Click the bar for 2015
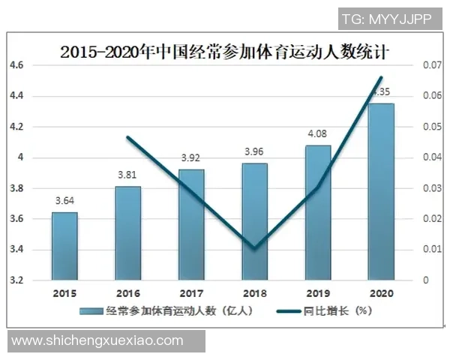pyautogui.click(x=64, y=246)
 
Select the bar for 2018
pyautogui.click(x=255, y=221)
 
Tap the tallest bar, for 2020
pyautogui.click(x=381, y=192)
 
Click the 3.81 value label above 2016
pyautogui.click(x=127, y=175)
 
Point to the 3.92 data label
pyautogui.click(x=191, y=158)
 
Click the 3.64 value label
pyautogui.click(x=64, y=201)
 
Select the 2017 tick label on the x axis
pyautogui.click(x=191, y=294)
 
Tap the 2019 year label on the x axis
pyautogui.click(x=318, y=294)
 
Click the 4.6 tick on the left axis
pyautogui.click(x=16, y=66)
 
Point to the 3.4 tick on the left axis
pyautogui.click(x=16, y=250)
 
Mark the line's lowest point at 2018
pyautogui.click(x=255, y=248)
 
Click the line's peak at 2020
pyautogui.click(x=381, y=77)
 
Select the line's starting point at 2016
pyautogui.click(x=127, y=137)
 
